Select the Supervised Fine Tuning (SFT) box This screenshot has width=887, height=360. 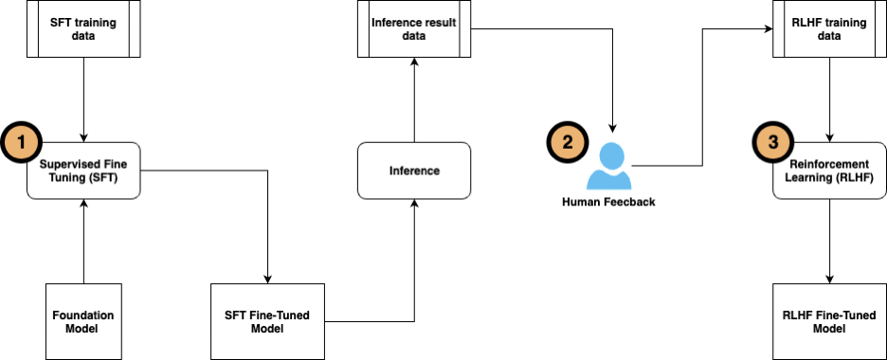(x=83, y=171)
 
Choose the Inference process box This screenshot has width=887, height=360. (x=414, y=171)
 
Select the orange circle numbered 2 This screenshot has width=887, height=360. (x=568, y=144)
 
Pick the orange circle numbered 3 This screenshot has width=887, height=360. (x=772, y=144)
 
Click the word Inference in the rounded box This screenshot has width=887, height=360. (x=414, y=171)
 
